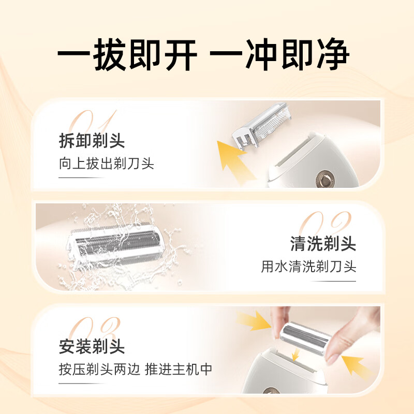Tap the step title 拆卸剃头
pyautogui.click(x=92, y=141)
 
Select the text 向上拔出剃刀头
pyautogui.click(x=106, y=164)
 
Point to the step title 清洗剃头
pyautogui.click(x=323, y=244)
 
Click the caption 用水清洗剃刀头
pyautogui.click(x=308, y=267)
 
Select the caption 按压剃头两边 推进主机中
pyautogui.click(x=135, y=369)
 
